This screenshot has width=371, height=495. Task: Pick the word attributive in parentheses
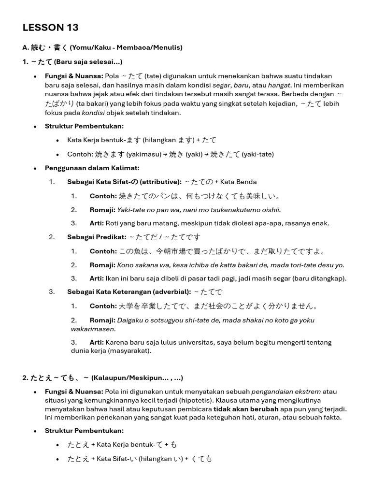pyautogui.click(x=160, y=182)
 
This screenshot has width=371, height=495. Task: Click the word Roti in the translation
pyautogui.click(x=113, y=223)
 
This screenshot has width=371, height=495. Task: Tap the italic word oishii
pyautogui.click(x=271, y=210)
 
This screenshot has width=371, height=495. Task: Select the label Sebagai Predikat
pyautogui.click(x=96, y=237)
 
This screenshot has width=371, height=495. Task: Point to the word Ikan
pyautogui.click(x=112, y=278)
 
